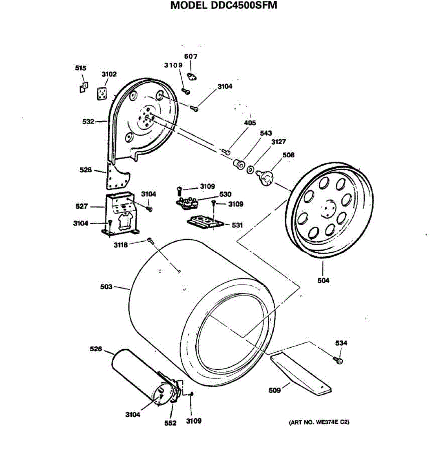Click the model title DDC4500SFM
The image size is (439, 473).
click(224, 6)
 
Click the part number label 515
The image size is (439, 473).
click(81, 68)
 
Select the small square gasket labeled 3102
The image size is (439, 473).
click(102, 93)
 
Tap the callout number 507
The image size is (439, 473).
click(191, 56)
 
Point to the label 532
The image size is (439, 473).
click(88, 121)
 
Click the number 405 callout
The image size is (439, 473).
click(250, 123)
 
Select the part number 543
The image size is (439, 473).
click(266, 133)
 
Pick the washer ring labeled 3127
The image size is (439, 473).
click(250, 170)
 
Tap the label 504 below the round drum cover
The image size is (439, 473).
click(323, 281)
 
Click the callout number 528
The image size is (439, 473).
click(85, 170)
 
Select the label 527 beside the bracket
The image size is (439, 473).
click(82, 206)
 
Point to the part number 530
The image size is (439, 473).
click(225, 194)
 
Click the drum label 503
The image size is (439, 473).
click(106, 287)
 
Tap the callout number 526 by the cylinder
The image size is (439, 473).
click(96, 349)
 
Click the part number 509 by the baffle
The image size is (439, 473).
click(274, 390)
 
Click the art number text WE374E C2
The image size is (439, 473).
click(319, 422)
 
